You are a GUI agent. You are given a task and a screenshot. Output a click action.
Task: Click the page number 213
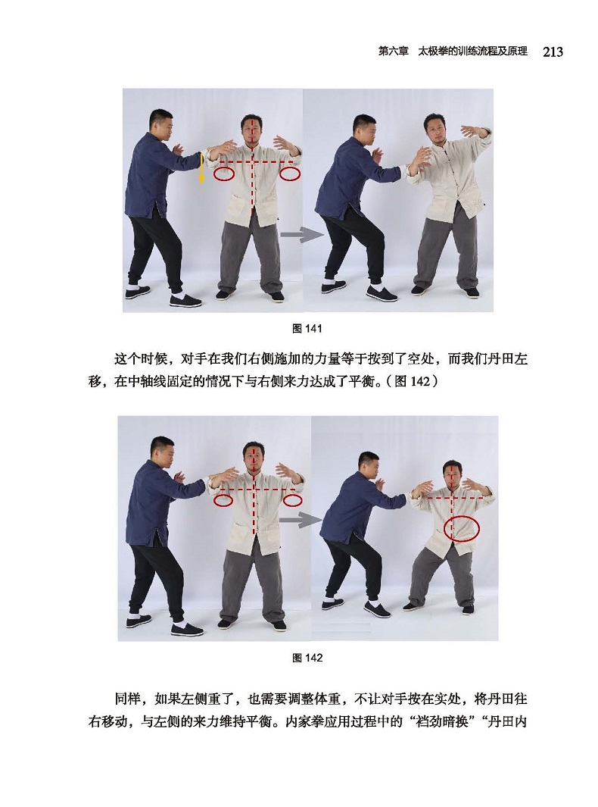(553, 52)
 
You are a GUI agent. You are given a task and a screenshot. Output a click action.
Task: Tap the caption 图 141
(307, 328)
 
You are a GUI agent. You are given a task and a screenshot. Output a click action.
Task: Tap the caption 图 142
(307, 658)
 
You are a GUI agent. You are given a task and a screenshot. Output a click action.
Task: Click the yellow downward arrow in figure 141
(201, 167)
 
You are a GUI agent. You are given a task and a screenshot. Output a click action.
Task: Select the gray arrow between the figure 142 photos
(301, 520)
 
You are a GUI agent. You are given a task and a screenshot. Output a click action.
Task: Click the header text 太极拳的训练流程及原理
(472, 52)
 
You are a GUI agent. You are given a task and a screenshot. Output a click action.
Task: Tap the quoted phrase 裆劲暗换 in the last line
(440, 721)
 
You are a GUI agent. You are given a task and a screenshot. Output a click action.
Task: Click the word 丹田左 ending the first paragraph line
(507, 358)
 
